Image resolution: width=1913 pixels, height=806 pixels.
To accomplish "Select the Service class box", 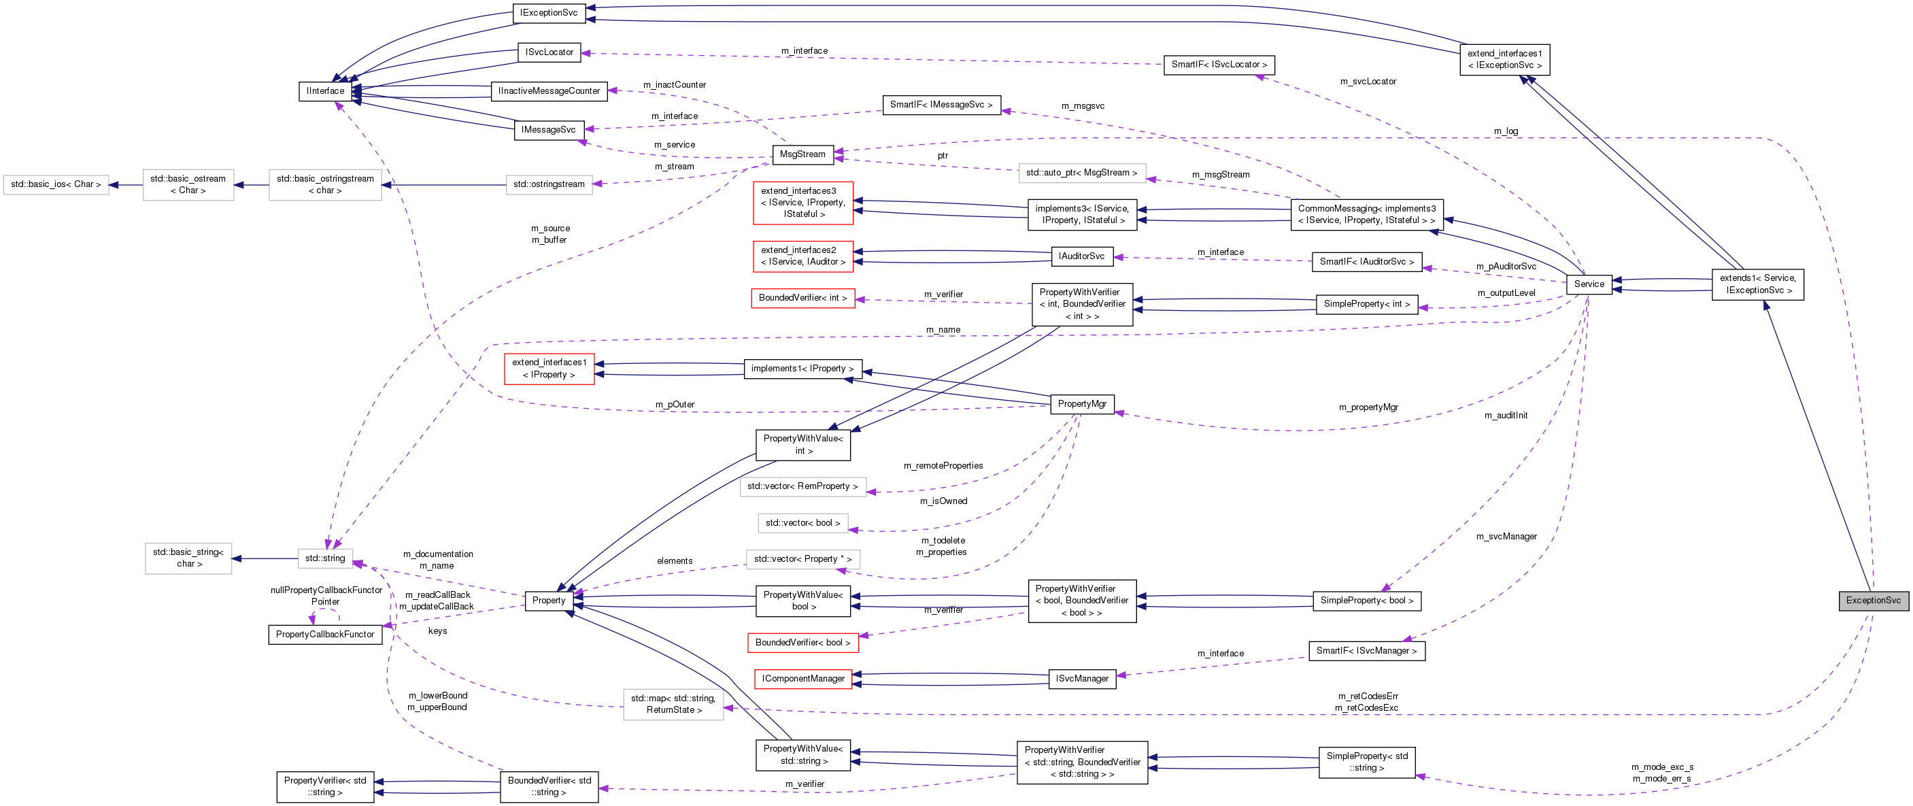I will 1589,284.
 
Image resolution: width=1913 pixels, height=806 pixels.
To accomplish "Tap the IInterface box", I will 325,91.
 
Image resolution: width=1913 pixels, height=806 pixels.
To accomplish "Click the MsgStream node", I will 802,154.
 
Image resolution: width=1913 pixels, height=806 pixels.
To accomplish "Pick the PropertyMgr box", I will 1082,404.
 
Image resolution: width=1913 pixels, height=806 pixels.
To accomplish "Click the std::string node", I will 325,558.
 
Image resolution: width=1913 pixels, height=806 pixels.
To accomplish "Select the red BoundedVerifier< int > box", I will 802,298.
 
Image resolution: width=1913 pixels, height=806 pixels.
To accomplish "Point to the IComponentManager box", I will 802,679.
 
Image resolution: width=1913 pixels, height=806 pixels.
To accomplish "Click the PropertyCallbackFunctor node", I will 325,635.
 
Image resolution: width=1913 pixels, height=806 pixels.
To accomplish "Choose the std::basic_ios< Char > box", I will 56,184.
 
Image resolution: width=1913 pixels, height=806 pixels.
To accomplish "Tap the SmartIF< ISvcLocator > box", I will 1219,65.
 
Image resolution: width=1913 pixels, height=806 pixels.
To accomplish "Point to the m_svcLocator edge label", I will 1367,82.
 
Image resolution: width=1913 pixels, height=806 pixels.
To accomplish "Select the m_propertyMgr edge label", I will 1368,408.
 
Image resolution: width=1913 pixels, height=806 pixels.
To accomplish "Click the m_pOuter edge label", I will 675,405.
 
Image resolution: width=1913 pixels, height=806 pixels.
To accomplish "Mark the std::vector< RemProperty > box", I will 802,486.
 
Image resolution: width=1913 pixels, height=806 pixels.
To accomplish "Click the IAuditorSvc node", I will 1081,256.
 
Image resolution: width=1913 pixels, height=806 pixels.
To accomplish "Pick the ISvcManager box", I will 1082,679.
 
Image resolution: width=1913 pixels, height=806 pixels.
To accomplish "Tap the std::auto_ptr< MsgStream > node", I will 1081,173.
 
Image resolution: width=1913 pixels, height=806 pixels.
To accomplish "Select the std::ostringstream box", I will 549,184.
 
